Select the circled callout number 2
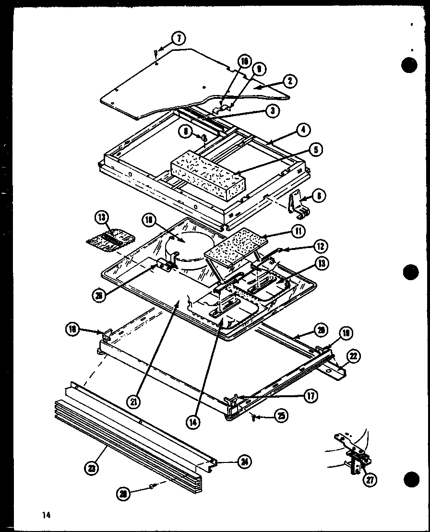(x=289, y=81)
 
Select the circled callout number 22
(x=354, y=355)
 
